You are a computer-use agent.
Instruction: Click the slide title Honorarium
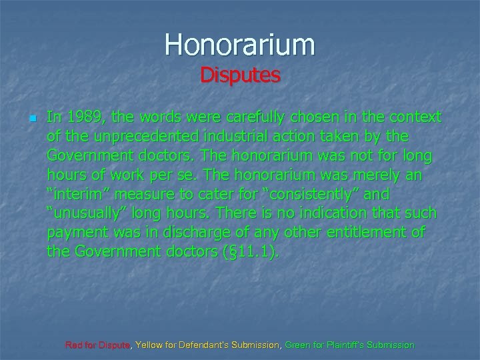click(x=240, y=45)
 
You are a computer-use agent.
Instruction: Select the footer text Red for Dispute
click(x=99, y=345)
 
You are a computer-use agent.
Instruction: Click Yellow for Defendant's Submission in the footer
click(x=208, y=345)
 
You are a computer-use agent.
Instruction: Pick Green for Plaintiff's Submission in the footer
click(x=349, y=345)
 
